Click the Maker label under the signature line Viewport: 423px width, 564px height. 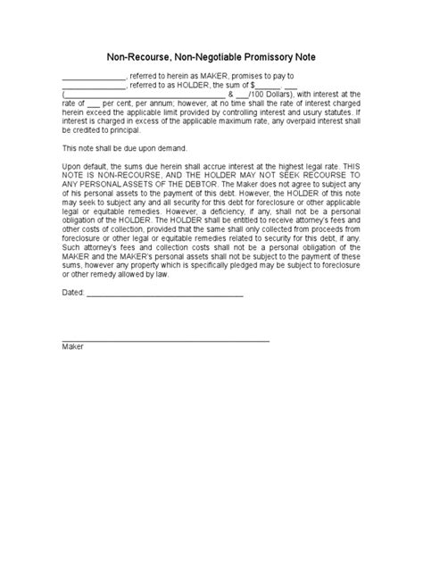72,346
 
